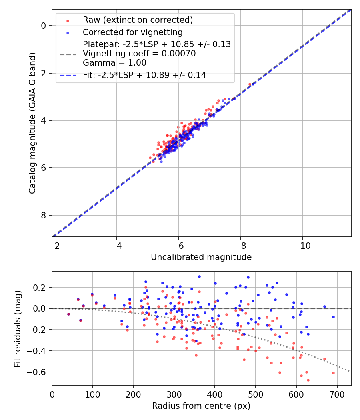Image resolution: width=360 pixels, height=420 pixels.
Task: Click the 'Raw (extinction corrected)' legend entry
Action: [x=138, y=20]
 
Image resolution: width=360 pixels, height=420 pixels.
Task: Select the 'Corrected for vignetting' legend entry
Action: [x=132, y=32]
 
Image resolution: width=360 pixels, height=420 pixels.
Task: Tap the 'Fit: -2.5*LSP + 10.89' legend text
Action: [x=144, y=75]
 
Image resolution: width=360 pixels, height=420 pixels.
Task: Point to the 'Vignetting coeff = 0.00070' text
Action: [x=139, y=54]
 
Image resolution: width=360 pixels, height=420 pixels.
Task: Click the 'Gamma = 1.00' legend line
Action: [x=114, y=63]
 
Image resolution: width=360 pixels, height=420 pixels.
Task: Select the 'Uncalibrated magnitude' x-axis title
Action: [x=201, y=257]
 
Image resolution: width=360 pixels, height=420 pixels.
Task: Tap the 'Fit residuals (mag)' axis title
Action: [x=17, y=329]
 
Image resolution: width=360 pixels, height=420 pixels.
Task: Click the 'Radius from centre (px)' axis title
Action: [x=201, y=406]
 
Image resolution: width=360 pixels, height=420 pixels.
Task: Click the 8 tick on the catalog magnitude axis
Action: [x=44, y=215]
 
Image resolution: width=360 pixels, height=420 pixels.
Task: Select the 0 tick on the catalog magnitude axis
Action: [x=44, y=26]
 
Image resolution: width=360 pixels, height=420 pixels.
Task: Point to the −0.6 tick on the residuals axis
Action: [x=38, y=372]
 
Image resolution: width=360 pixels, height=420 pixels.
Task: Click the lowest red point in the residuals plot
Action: [x=308, y=380]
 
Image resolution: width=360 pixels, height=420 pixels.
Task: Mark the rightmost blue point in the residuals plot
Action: [x=333, y=317]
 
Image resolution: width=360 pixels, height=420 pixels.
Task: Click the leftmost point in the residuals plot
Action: [x=68, y=314]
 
